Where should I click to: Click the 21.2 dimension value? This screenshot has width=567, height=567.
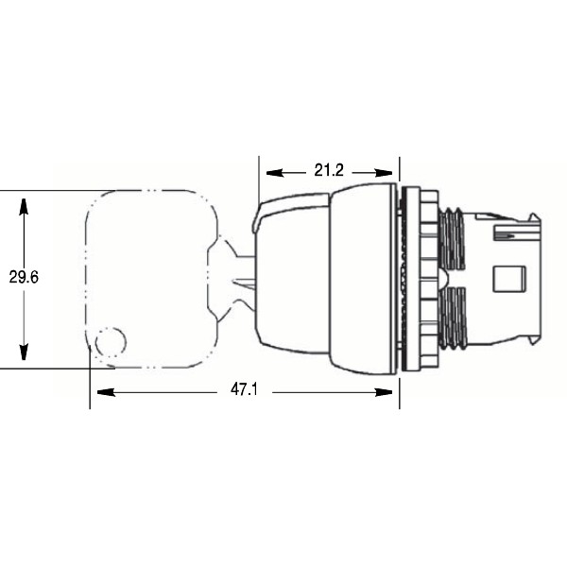click(x=328, y=171)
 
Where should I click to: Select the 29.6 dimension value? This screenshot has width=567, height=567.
click(x=24, y=277)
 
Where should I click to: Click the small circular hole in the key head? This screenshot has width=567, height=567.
click(x=112, y=340)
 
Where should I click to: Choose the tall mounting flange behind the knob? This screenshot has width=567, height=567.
click(x=411, y=279)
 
